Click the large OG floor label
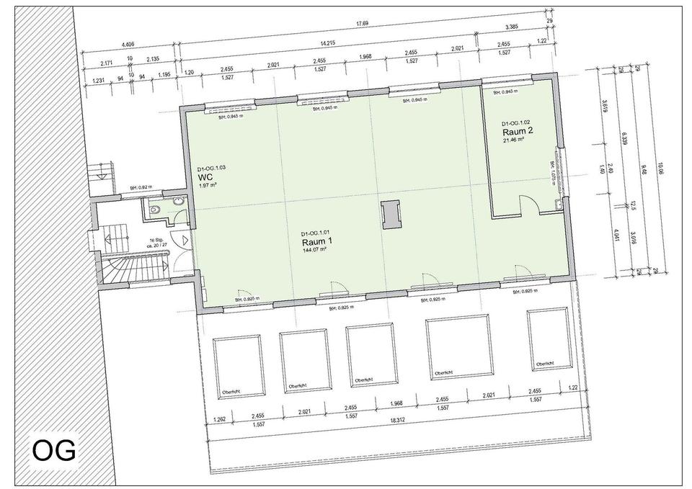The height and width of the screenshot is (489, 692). click(54, 451)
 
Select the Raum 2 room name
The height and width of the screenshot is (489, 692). click(518, 132)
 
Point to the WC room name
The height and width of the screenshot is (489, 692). click(205, 176)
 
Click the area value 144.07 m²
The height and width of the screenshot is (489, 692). click(315, 251)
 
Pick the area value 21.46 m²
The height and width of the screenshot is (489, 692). click(514, 140)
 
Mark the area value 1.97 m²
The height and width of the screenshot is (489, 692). click(208, 185)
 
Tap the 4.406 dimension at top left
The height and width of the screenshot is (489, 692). click(130, 44)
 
